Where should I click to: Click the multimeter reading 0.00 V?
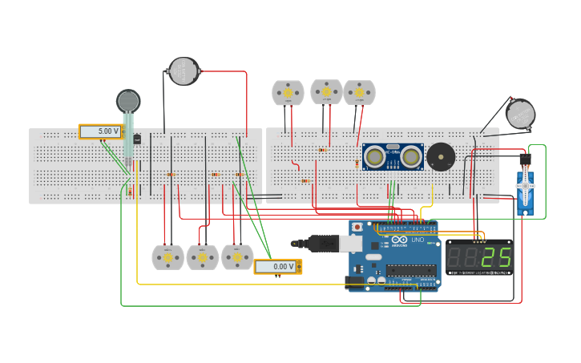[277, 266]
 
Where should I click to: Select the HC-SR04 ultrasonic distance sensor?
[393, 157]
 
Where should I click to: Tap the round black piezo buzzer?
[440, 156]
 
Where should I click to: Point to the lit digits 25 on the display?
[496, 256]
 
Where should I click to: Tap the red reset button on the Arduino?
[357, 228]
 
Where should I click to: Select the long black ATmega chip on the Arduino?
[410, 270]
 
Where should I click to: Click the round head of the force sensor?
[128, 100]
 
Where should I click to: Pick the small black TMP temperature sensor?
[137, 139]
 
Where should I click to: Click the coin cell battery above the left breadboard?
[184, 71]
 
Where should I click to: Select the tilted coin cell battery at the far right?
[520, 113]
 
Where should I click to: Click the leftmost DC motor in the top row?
[288, 93]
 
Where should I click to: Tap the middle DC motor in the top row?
[326, 91]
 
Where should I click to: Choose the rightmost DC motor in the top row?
[359, 92]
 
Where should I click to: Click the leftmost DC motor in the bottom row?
[167, 257]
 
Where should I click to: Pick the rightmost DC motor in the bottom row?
[237, 257]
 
